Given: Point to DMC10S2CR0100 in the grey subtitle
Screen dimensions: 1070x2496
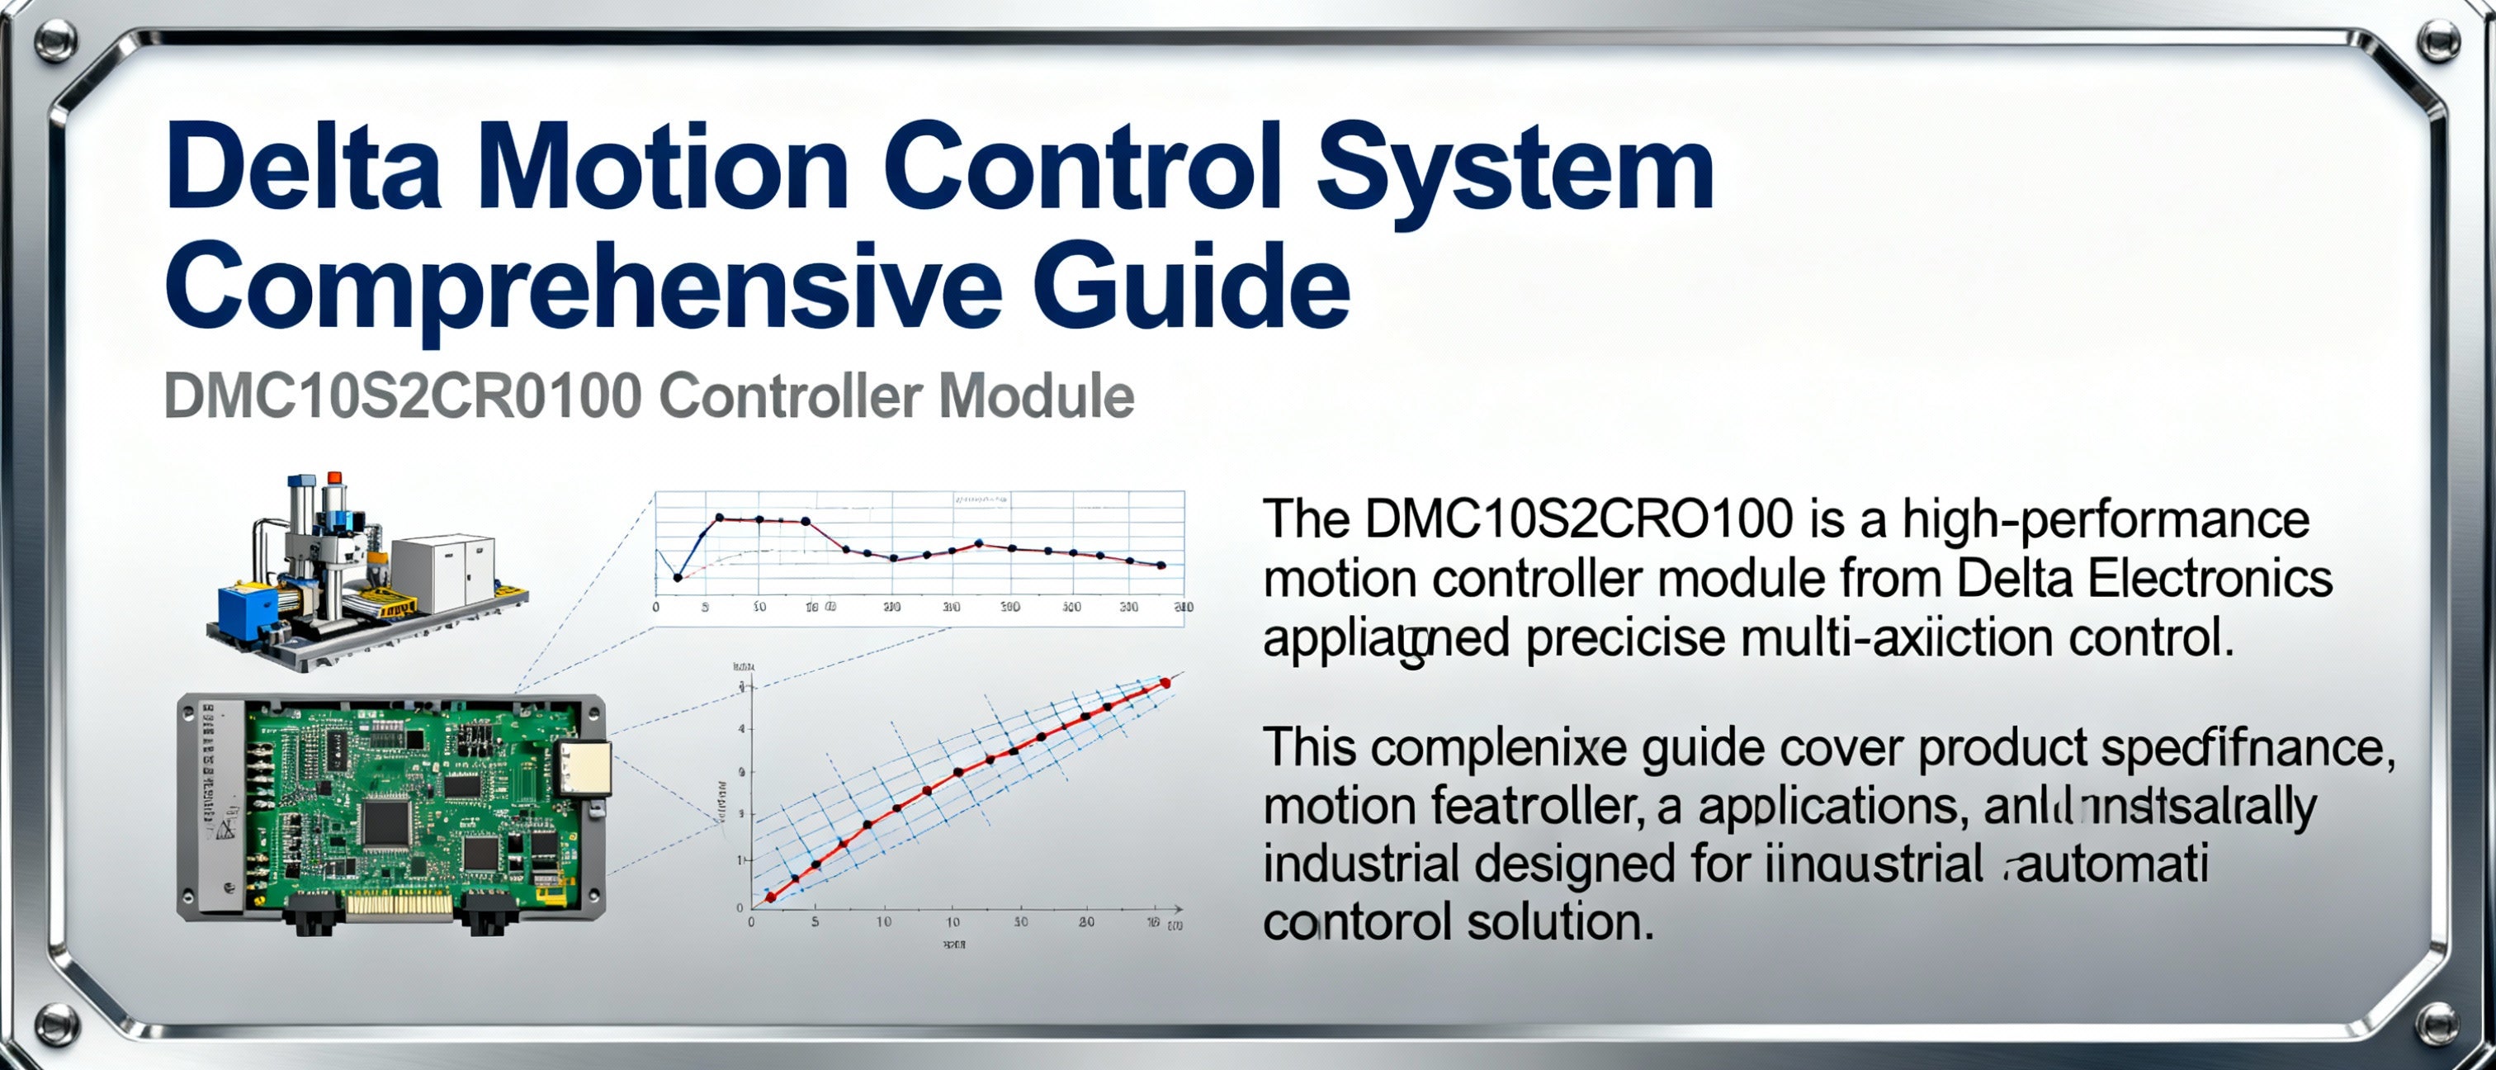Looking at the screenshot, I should coord(402,396).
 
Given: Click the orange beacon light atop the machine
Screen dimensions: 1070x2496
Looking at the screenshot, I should coord(335,478).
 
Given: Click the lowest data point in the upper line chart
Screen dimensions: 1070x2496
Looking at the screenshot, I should coord(678,578).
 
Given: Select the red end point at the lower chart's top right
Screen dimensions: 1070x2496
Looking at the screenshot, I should coord(1165,684).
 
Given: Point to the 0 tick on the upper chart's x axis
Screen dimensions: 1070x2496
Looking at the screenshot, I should coord(656,608).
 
